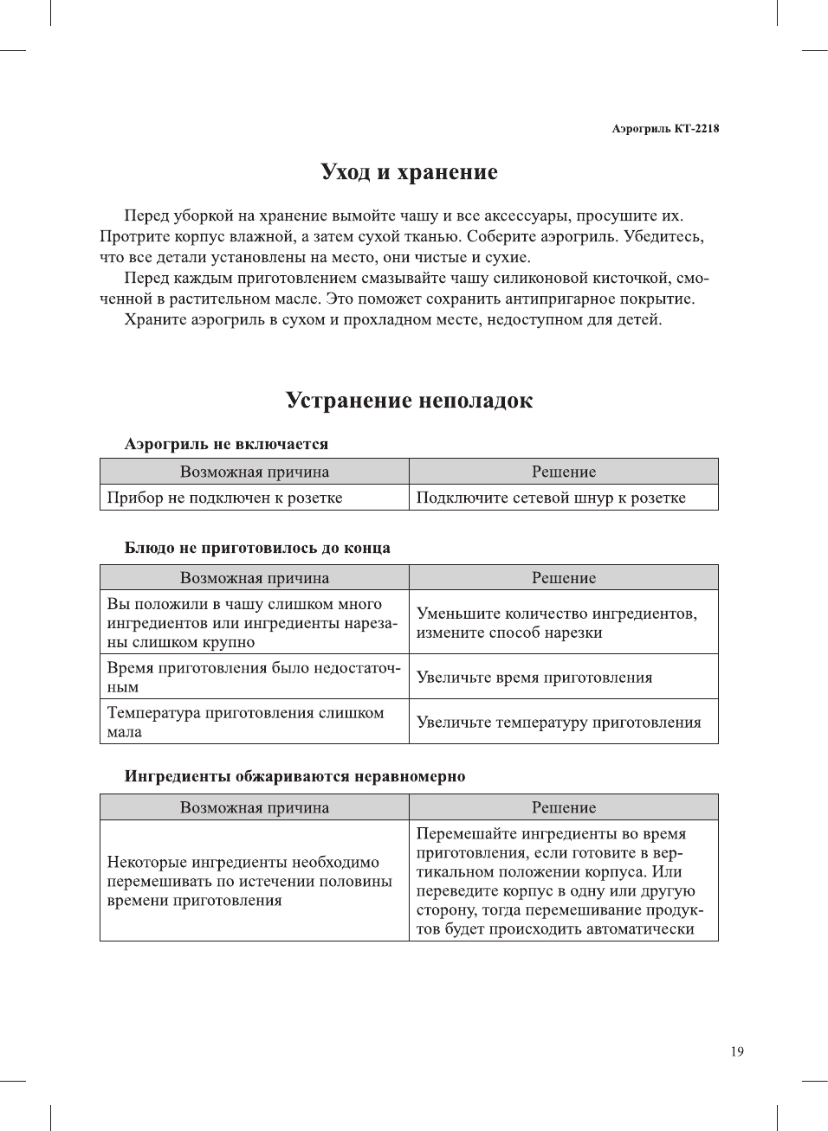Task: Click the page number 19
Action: (736, 1051)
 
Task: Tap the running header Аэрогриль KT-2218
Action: (664, 128)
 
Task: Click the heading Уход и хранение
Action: (409, 172)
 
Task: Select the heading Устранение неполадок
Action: (409, 401)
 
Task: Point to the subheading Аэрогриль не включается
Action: (226, 444)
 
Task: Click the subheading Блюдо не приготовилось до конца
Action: (257, 548)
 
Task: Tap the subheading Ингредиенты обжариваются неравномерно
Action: (294, 776)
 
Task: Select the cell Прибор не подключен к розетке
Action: (224, 498)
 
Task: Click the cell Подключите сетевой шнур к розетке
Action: (551, 498)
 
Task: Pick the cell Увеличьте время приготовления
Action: (534, 678)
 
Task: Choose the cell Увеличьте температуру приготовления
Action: (559, 723)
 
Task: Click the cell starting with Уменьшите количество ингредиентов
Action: (556, 623)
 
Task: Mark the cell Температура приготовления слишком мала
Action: (245, 723)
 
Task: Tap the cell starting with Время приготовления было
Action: (253, 678)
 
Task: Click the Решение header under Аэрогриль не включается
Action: (564, 472)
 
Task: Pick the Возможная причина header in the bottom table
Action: (254, 807)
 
